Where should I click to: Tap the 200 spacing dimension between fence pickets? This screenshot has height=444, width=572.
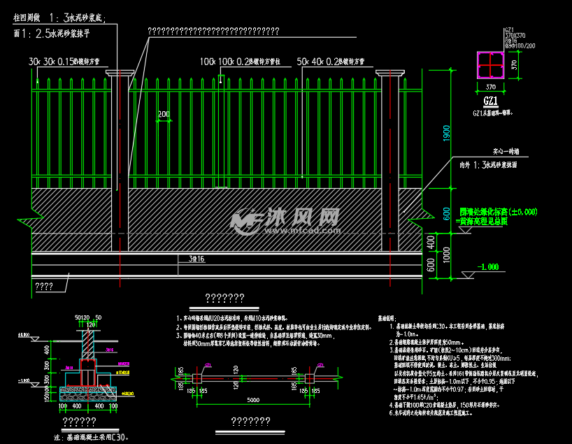click(x=164, y=114)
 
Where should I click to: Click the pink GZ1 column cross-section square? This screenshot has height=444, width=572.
click(x=490, y=66)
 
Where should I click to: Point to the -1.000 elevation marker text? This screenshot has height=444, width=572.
click(x=487, y=266)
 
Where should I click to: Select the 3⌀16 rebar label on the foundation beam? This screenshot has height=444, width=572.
click(x=196, y=259)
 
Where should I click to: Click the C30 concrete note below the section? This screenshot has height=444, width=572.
click(x=92, y=437)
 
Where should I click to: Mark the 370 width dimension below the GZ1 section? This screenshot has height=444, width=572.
click(x=489, y=86)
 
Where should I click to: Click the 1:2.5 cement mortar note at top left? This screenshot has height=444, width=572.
click(x=62, y=33)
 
